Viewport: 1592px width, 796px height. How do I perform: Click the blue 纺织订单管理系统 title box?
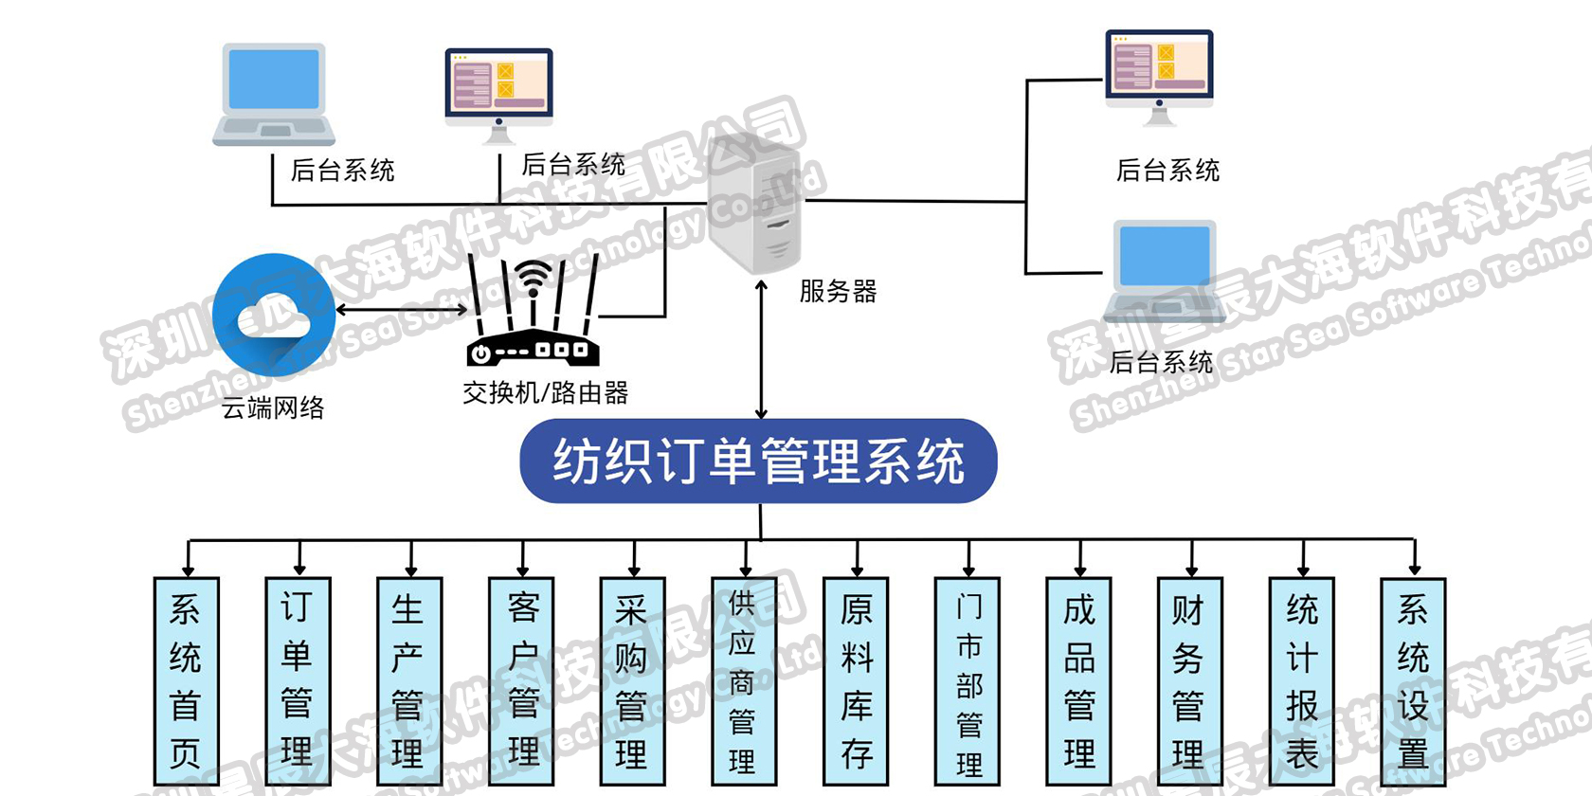(x=758, y=461)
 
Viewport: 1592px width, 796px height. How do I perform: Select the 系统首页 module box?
(x=186, y=681)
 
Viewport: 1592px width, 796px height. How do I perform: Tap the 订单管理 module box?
(x=298, y=681)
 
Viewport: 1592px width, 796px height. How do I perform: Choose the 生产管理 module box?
(x=409, y=681)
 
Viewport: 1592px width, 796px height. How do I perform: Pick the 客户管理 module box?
(x=521, y=681)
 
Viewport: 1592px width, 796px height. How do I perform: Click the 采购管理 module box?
(x=632, y=681)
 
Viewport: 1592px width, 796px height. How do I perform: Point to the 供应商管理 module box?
(x=744, y=681)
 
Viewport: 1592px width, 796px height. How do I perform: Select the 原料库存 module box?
(x=856, y=681)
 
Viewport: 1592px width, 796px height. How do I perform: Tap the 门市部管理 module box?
(x=968, y=681)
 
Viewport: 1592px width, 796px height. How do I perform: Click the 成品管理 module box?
(x=1078, y=681)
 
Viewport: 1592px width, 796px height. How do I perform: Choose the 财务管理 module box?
(x=1190, y=681)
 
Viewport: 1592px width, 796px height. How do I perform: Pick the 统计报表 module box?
(x=1302, y=681)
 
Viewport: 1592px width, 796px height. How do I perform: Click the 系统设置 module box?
(x=1413, y=681)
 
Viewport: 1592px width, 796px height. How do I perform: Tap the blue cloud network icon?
(x=274, y=316)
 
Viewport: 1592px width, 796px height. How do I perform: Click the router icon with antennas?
(x=533, y=313)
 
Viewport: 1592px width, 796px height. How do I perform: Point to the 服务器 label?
(x=838, y=291)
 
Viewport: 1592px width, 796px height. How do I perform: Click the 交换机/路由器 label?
(x=545, y=392)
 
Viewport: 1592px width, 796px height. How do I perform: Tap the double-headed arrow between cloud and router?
(x=402, y=310)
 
